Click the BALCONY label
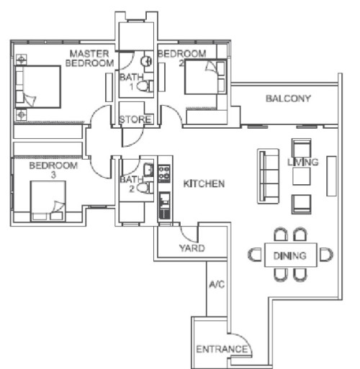[288, 99]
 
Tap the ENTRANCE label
[222, 349]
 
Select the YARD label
[192, 248]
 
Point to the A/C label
[217, 284]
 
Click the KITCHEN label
[204, 184]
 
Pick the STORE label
[135, 119]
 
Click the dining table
[290, 255]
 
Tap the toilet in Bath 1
[145, 86]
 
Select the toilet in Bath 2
[145, 188]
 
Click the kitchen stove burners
[164, 173]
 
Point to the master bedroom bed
[37, 86]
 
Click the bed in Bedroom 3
[48, 201]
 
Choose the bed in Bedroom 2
[205, 77]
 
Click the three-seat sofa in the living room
[269, 176]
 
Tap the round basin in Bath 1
[146, 61]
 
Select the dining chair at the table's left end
[255, 255]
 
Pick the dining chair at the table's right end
[326, 255]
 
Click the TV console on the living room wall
[331, 176]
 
